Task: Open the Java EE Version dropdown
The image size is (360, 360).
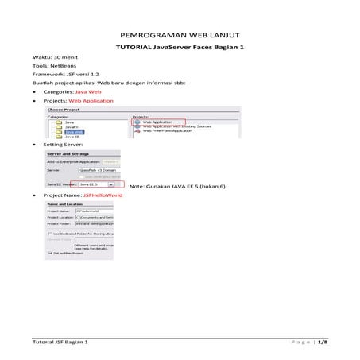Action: (111, 184)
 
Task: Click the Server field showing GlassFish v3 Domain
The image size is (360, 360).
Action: (99, 170)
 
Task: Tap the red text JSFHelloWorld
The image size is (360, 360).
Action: (104, 195)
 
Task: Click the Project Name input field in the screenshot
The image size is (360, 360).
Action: (95, 211)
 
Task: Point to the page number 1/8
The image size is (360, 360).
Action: (321, 341)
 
